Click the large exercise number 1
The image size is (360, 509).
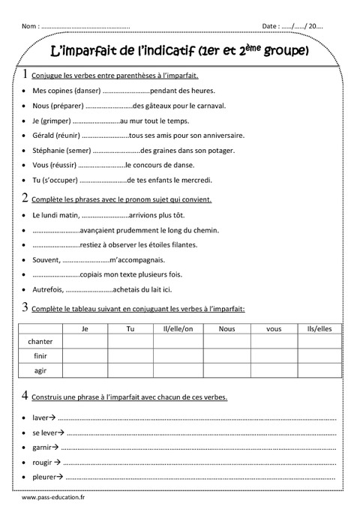click(x=26, y=75)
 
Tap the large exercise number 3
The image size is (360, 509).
click(x=26, y=307)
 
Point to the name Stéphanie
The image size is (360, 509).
click(x=50, y=150)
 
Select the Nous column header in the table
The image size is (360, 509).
click(x=226, y=328)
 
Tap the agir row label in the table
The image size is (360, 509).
click(x=40, y=370)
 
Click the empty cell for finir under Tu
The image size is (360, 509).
click(x=130, y=356)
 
